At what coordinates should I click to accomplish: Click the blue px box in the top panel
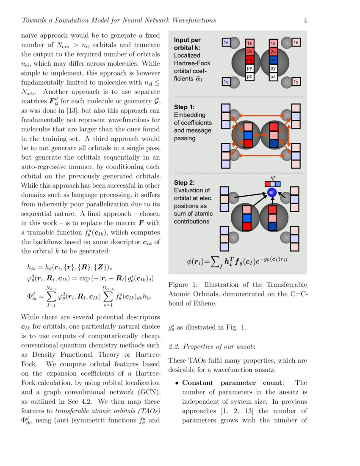(x=273, y=60)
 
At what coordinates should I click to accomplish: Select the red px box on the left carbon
(x=249, y=60)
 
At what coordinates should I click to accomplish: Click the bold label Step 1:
(x=184, y=107)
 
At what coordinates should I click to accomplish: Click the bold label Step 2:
(x=184, y=183)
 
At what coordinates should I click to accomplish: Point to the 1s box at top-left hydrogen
(x=226, y=42)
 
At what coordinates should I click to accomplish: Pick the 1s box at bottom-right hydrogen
(x=296, y=81)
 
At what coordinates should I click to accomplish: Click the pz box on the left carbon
(x=249, y=77)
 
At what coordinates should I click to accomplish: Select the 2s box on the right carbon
(x=273, y=52)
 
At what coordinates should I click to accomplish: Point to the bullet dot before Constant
(x=177, y=383)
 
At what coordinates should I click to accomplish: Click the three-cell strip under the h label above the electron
(x=272, y=184)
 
